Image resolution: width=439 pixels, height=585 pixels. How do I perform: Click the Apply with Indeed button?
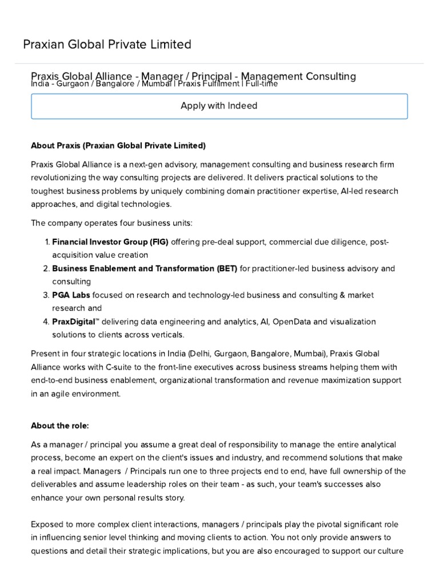(x=219, y=106)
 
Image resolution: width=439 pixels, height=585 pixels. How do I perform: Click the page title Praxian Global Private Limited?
(x=107, y=45)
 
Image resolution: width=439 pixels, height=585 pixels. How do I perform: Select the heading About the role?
(x=60, y=426)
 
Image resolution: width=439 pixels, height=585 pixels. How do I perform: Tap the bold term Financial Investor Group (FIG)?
(x=110, y=242)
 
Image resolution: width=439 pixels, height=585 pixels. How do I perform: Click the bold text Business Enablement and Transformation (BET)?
(x=145, y=268)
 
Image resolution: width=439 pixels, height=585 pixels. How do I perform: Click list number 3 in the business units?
(x=47, y=295)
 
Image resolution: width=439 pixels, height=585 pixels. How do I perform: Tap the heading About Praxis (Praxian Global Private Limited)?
(x=118, y=146)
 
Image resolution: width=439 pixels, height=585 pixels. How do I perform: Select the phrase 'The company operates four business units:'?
(x=111, y=222)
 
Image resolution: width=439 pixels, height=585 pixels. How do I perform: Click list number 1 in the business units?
(x=47, y=242)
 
